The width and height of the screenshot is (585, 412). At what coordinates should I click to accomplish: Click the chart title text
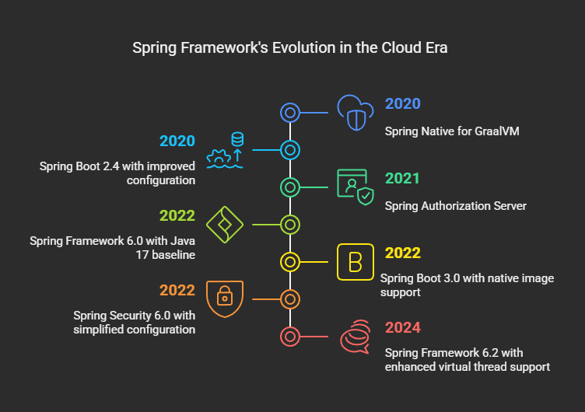pyautogui.click(x=290, y=48)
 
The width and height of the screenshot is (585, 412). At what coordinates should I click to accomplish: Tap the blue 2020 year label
pyautogui.click(x=402, y=103)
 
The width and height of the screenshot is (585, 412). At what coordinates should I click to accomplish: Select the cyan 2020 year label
pyautogui.click(x=177, y=141)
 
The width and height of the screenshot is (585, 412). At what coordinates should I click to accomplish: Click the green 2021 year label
pyautogui.click(x=402, y=179)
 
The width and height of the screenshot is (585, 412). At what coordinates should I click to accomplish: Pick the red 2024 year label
pyautogui.click(x=402, y=328)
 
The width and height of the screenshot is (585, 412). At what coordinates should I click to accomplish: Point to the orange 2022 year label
pyautogui.click(x=177, y=291)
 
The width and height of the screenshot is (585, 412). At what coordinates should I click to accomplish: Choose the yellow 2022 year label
pyautogui.click(x=402, y=253)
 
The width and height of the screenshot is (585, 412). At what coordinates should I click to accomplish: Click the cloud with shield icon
pyautogui.click(x=356, y=113)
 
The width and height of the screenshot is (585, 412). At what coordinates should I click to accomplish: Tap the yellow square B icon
pyautogui.click(x=356, y=262)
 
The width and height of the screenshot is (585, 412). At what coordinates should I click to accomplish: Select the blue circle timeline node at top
pyautogui.click(x=290, y=103)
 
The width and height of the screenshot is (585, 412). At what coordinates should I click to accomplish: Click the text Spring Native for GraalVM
pyautogui.click(x=452, y=131)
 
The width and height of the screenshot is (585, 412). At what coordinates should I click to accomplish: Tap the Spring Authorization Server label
pyautogui.click(x=456, y=206)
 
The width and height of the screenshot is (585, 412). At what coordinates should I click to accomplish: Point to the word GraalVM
pyautogui.click(x=497, y=131)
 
